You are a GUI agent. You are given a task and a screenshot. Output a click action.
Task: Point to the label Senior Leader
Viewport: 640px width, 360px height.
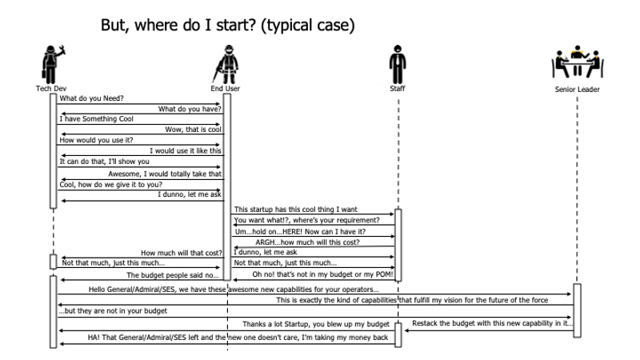(x=577, y=89)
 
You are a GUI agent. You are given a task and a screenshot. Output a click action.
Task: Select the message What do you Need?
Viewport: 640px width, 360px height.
(x=87, y=98)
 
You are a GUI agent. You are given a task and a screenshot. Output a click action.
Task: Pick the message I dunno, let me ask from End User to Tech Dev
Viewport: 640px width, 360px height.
(x=190, y=194)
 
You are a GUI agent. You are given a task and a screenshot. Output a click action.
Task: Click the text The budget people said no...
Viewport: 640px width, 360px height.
(x=173, y=274)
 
